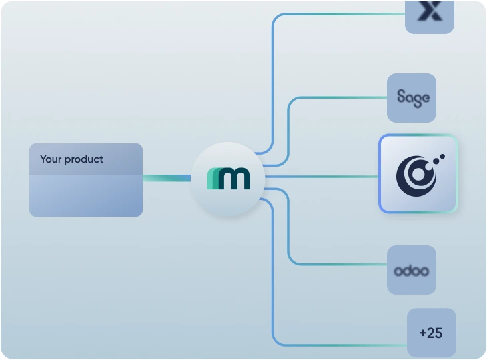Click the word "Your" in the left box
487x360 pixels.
[x=51, y=159]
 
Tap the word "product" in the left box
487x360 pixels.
[x=84, y=160]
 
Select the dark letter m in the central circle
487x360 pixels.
[x=235, y=179]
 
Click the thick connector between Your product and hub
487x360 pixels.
[x=167, y=178]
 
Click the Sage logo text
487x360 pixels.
[x=412, y=97]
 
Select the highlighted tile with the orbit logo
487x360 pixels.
[x=418, y=174]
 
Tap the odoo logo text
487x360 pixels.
[x=412, y=271]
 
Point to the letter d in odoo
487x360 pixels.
[x=408, y=270]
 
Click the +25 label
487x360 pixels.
[x=431, y=333]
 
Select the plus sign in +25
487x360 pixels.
[x=423, y=333]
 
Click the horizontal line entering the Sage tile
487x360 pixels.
[x=340, y=97]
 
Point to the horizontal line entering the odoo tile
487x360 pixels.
[x=340, y=265]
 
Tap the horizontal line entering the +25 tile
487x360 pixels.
[x=340, y=345]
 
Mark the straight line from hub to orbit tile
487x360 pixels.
[x=320, y=177]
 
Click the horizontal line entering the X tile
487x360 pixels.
[x=340, y=13]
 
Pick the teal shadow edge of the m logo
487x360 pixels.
[x=211, y=179]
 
